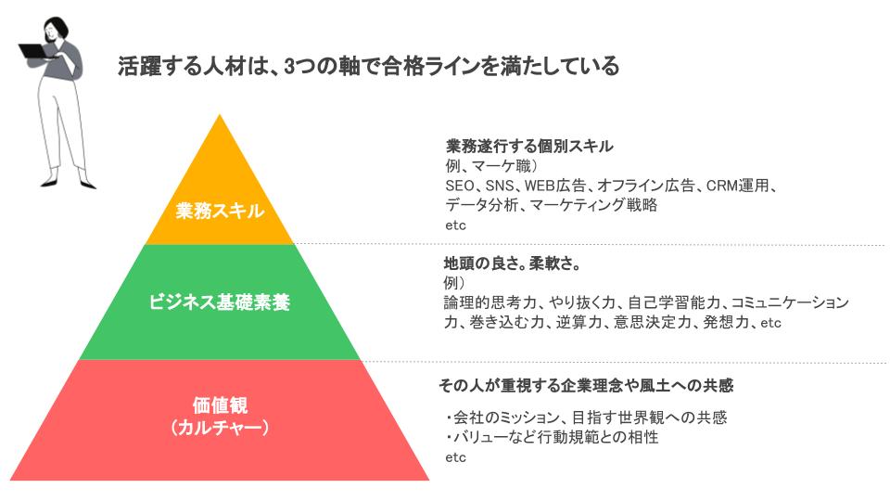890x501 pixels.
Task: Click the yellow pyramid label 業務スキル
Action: tap(220, 212)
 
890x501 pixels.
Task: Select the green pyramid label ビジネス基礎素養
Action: tap(220, 302)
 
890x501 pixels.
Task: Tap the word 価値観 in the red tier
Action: tap(220, 405)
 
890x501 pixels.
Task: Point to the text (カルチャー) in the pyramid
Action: tap(220, 428)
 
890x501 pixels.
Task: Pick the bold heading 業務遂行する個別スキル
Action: tap(530, 147)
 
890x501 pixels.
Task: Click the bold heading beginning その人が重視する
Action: tap(592, 385)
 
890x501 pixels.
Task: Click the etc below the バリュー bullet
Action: tap(455, 457)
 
